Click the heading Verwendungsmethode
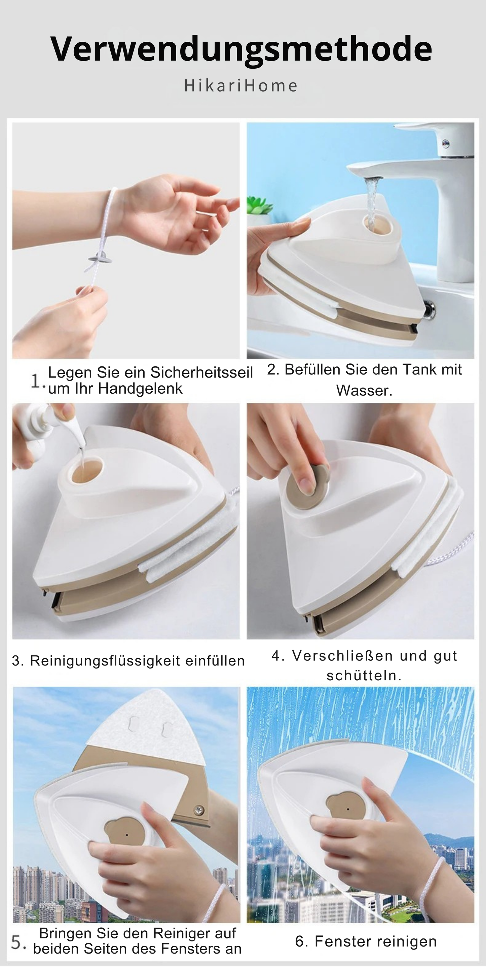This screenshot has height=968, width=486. tap(241, 49)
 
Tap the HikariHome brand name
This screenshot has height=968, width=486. tap(241, 86)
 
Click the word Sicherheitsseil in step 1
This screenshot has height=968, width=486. tap(202, 372)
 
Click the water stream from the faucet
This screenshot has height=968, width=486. tap(372, 203)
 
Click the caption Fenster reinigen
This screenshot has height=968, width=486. tap(366, 941)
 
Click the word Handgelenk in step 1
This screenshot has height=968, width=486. tap(141, 389)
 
